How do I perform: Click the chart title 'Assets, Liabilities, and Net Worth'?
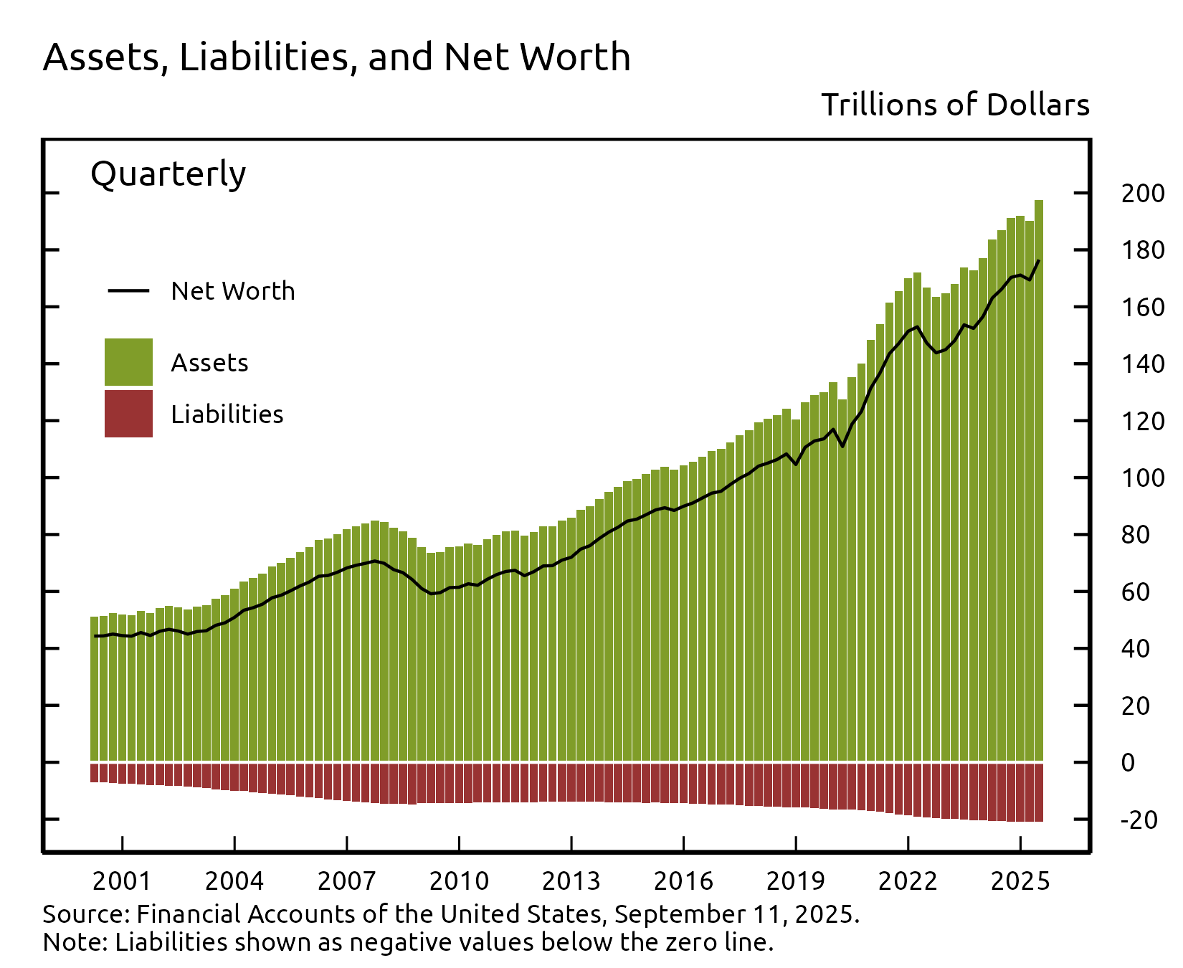pos(336,57)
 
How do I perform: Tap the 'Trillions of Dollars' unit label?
pos(955,105)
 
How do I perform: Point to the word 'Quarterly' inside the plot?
pos(168,174)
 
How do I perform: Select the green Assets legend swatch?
pos(128,362)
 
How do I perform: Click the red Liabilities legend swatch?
pos(128,414)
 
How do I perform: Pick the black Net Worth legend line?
pos(128,290)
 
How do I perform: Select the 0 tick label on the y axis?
pos(1128,763)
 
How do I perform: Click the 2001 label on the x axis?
pos(122,881)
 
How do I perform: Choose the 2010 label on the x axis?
pos(459,881)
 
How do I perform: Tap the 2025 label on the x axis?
pos(1020,881)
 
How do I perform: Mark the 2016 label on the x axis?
pos(683,881)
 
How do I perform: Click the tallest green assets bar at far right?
pos(1038,480)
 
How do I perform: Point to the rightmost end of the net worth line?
pos(1039,260)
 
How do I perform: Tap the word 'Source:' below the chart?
pos(86,914)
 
